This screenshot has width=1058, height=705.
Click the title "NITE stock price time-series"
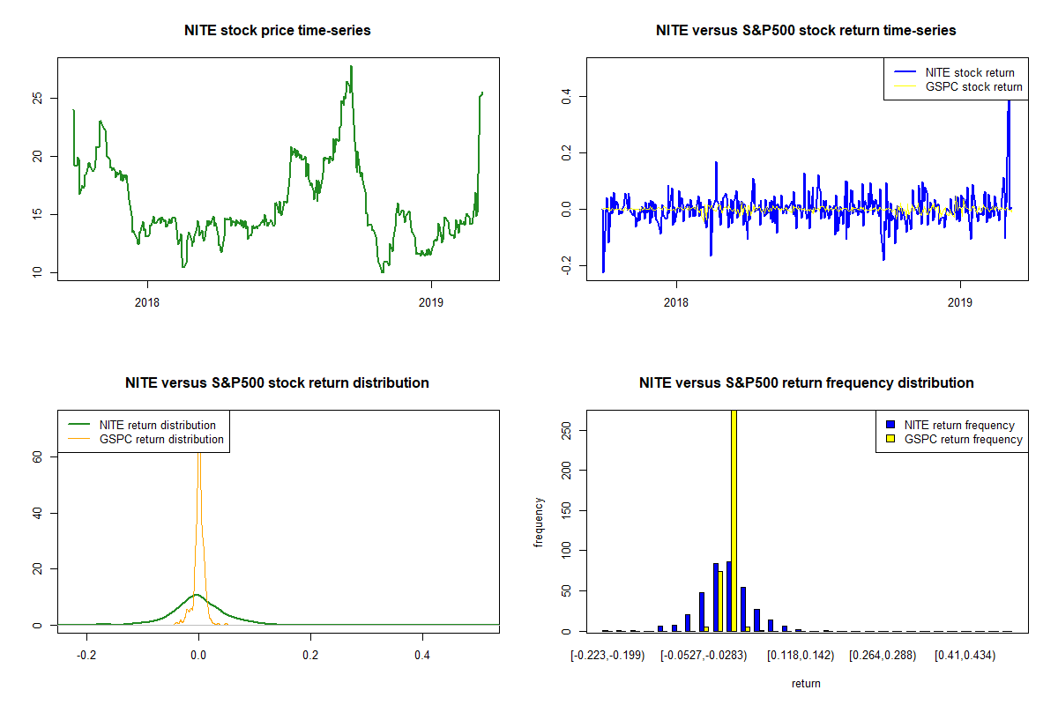click(x=278, y=31)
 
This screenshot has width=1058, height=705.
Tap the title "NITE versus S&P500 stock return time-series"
click(x=806, y=31)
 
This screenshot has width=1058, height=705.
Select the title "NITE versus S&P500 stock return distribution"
click(x=277, y=383)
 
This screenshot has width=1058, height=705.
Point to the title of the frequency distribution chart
click(x=806, y=383)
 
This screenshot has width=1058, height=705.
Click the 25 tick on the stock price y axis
click(x=37, y=99)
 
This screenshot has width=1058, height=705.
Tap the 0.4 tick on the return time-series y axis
click(x=566, y=95)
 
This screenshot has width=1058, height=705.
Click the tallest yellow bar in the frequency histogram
click(x=734, y=520)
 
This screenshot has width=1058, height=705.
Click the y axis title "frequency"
click(x=540, y=522)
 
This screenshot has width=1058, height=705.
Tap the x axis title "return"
click(x=806, y=683)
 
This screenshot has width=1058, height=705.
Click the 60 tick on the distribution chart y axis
click(x=37, y=456)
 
